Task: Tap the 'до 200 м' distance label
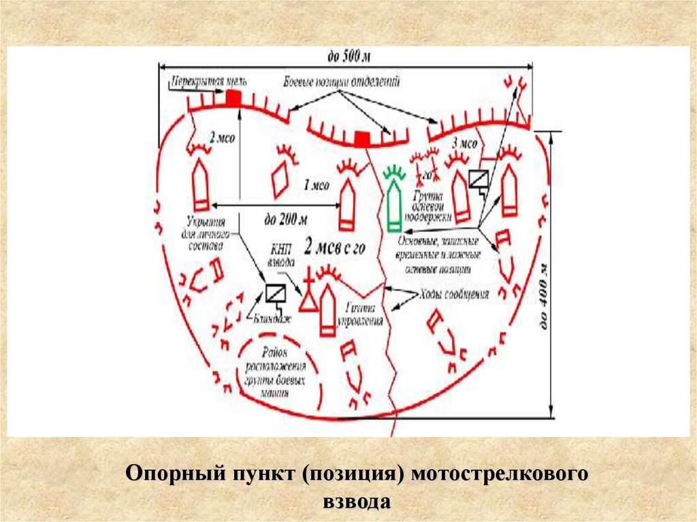coord(286,219)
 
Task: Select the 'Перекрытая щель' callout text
coord(199,80)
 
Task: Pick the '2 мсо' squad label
coord(222,138)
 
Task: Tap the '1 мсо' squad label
coord(316,184)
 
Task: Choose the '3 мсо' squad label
coord(464,144)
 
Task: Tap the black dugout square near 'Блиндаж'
coord(275,293)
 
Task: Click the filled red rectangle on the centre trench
coord(362,140)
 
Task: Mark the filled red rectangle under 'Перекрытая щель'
coord(233,98)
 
